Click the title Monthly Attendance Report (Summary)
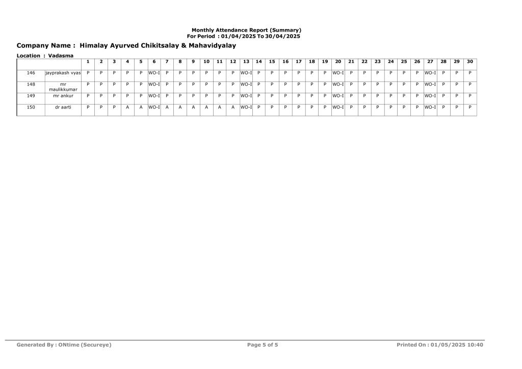pyautogui.click(x=246, y=31)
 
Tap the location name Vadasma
pyautogui.click(x=61, y=56)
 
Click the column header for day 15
pyautogui.click(x=272, y=62)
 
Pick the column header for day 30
pyautogui.click(x=469, y=62)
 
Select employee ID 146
pyautogui.click(x=31, y=73)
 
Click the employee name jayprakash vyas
pyautogui.click(x=63, y=73)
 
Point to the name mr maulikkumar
pyautogui.click(x=63, y=87)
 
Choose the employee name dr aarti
pyautogui.click(x=63, y=107)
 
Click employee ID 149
pyautogui.click(x=31, y=95)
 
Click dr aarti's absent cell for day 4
pyautogui.click(x=127, y=107)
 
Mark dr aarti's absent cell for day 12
pyautogui.click(x=233, y=107)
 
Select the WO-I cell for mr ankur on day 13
pyautogui.click(x=246, y=95)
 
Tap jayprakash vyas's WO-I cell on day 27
pyautogui.click(x=430, y=73)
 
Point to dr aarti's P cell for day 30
pyautogui.click(x=469, y=107)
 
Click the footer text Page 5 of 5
pyautogui.click(x=263, y=345)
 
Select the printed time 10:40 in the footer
pyautogui.click(x=475, y=345)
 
